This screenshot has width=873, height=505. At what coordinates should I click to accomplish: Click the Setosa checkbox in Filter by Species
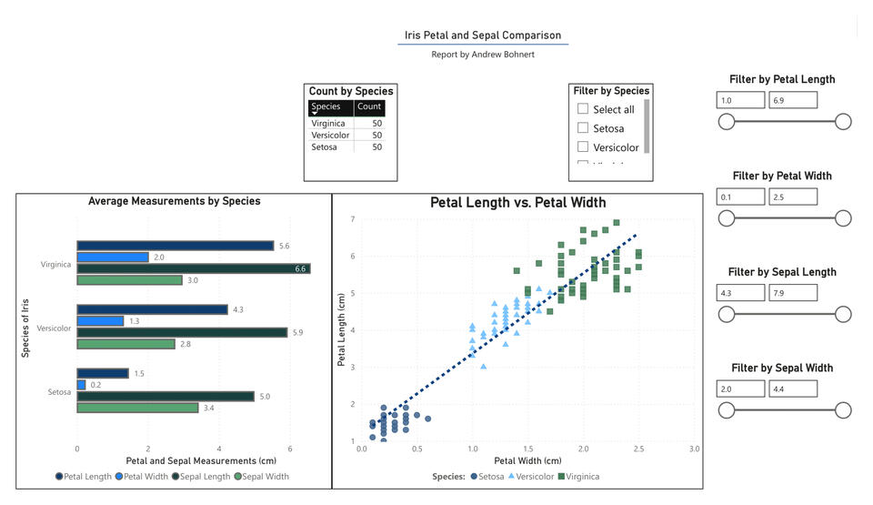tap(584, 128)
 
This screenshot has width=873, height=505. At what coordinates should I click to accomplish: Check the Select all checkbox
tap(584, 109)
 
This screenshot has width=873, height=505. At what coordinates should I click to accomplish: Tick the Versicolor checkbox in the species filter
tap(584, 147)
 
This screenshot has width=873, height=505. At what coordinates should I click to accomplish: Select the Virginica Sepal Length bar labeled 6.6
tap(193, 268)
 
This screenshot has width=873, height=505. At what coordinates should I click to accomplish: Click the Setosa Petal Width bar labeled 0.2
tap(81, 385)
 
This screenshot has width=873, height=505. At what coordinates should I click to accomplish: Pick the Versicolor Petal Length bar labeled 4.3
tap(152, 309)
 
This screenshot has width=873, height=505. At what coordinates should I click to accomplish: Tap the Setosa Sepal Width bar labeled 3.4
tap(137, 408)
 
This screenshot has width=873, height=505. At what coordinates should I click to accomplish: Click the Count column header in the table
tap(369, 106)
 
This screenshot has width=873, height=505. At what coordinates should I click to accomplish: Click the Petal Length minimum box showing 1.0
tap(740, 100)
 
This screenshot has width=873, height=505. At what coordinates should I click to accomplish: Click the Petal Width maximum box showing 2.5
tap(793, 197)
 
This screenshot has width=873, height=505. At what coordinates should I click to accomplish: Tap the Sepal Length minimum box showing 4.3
tap(740, 293)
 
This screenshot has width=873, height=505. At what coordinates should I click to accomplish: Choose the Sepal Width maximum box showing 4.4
tap(793, 389)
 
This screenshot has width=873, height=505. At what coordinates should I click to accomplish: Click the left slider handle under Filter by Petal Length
tap(727, 122)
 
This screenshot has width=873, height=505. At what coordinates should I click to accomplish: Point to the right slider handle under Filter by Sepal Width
tap(843, 410)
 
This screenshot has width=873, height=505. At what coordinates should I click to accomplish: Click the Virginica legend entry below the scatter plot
tap(577, 476)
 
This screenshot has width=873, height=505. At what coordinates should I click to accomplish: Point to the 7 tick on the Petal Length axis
tap(352, 219)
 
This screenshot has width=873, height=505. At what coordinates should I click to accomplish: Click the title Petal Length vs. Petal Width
tap(517, 202)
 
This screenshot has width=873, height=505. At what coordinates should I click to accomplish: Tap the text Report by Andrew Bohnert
tap(483, 55)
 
